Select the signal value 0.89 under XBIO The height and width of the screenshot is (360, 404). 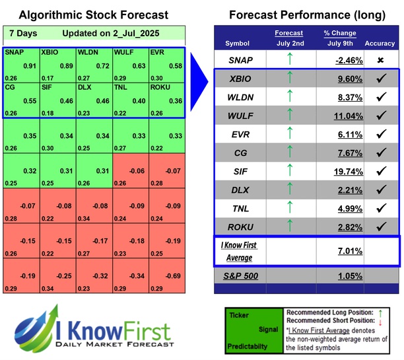click(x=65, y=66)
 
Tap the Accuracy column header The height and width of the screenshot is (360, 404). click(x=380, y=43)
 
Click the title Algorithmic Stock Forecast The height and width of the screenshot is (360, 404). click(x=93, y=15)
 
